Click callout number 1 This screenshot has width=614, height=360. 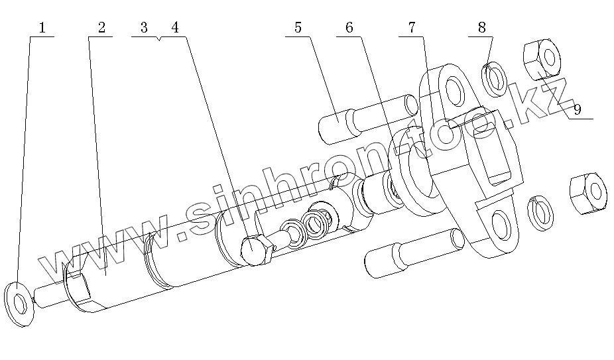[x=42, y=28]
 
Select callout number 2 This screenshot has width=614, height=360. [x=101, y=28]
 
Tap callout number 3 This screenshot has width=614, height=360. [x=144, y=28]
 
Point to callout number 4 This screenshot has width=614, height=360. [x=174, y=28]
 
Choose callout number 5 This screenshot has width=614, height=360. [x=298, y=28]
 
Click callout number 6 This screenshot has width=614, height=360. [x=349, y=28]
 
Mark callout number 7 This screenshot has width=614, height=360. [x=412, y=28]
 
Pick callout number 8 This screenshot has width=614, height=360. [x=481, y=28]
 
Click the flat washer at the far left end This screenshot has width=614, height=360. [x=20, y=304]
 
